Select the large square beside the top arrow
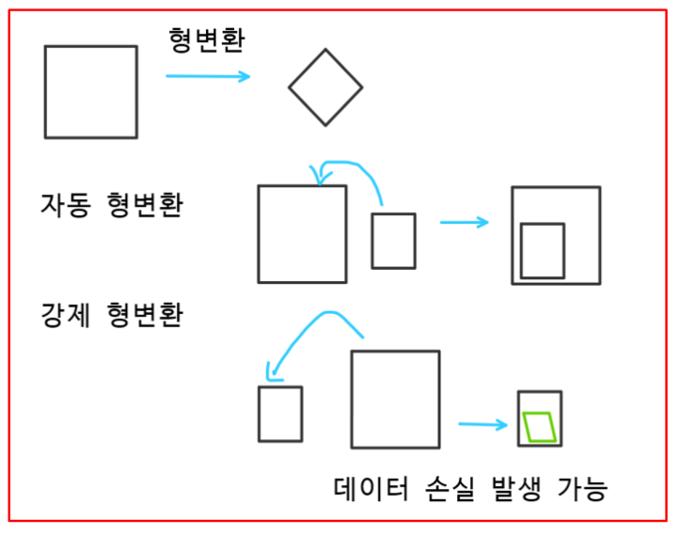[90, 91]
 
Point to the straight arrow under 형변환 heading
[208, 76]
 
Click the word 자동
[65, 204]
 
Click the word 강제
[65, 312]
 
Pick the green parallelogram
[540, 427]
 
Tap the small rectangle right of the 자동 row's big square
[393, 241]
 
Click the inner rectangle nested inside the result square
[543, 250]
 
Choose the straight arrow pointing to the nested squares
[465, 223]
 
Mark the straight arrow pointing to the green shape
[482, 425]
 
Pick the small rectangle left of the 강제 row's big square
[280, 414]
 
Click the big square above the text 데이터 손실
[395, 399]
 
